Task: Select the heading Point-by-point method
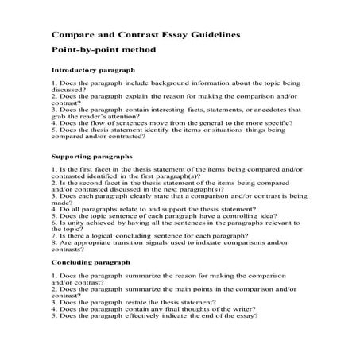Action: click(x=104, y=50)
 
